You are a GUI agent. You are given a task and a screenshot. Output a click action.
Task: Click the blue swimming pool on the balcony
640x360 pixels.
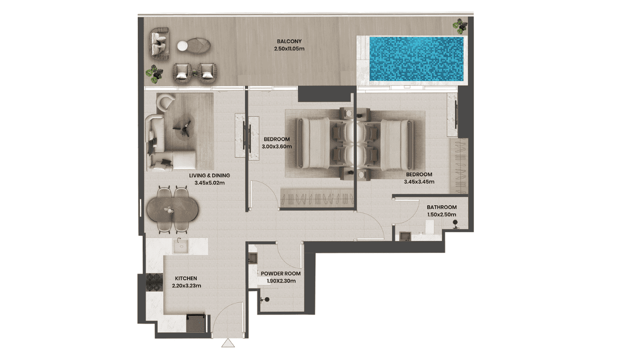417,59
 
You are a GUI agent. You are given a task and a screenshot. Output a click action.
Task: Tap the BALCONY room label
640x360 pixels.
289,41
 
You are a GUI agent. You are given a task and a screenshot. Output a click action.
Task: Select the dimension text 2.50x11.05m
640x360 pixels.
289,49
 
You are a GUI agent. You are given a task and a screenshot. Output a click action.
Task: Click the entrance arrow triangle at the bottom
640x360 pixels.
228,343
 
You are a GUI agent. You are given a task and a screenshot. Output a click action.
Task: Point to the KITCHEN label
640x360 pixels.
186,278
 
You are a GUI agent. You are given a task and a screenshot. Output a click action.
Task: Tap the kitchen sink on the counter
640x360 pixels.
180,246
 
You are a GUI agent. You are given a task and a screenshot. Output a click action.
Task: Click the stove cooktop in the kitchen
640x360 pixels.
154,282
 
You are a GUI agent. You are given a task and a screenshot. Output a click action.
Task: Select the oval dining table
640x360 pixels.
172,210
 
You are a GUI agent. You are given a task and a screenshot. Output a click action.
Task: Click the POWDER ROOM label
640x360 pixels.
281,274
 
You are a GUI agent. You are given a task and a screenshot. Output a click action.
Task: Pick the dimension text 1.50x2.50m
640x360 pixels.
441,215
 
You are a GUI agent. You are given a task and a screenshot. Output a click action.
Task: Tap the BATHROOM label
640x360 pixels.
441,207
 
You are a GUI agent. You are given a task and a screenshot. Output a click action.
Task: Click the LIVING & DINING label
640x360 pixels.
209,176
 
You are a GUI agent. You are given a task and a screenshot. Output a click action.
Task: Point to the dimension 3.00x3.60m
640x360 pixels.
276,147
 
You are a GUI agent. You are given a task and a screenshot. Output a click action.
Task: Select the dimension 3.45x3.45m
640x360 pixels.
419,181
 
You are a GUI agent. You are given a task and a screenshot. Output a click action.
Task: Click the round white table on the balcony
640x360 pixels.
183,46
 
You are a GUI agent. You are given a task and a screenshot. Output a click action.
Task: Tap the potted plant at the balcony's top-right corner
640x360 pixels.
460,26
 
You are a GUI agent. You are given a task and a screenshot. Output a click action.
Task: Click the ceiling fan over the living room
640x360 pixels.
182,128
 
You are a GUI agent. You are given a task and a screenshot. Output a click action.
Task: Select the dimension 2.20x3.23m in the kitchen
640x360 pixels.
186,285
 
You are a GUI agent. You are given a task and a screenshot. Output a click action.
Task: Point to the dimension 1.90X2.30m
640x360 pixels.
281,281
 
